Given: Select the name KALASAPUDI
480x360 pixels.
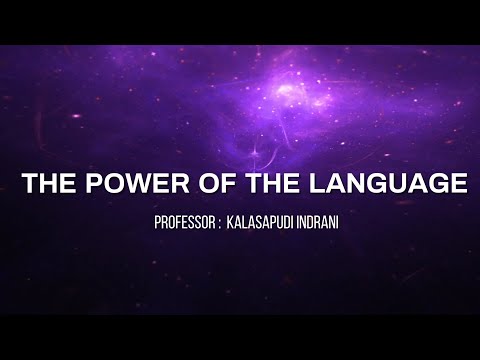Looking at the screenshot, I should click(x=267, y=221).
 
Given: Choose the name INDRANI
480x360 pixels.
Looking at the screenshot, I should click(x=325, y=221).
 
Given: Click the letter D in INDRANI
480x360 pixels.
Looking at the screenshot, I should click(x=317, y=221).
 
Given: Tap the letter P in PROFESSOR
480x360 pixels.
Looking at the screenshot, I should click(x=158, y=221).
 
